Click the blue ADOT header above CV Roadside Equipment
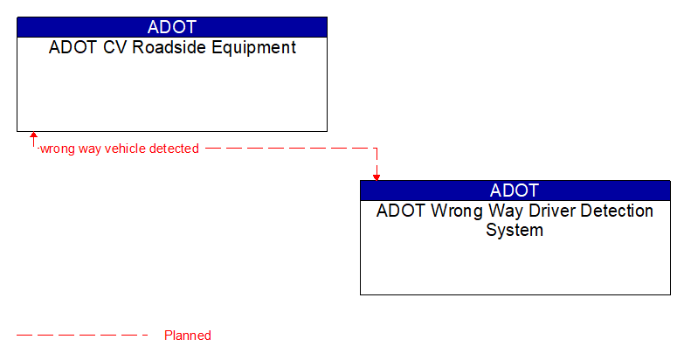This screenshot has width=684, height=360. click(x=172, y=27)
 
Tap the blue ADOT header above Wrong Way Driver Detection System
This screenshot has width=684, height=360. click(x=515, y=190)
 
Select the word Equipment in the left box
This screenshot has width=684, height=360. click(x=259, y=48)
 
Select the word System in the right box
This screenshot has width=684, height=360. click(x=515, y=231)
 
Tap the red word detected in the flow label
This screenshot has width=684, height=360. click(x=174, y=149)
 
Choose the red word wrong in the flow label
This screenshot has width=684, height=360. click(x=57, y=149)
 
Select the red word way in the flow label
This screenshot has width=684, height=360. click(x=90, y=149)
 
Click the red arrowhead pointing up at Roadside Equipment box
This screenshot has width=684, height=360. click(x=34, y=136)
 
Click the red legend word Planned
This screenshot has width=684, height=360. click(x=187, y=336)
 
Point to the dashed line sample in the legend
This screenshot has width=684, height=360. click(x=83, y=336)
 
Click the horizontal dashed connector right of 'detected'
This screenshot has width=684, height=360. click(x=288, y=149)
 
